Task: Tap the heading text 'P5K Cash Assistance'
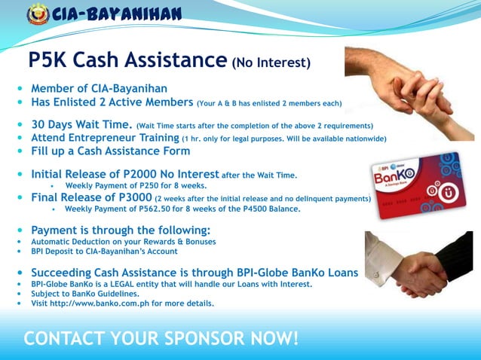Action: tap(127, 60)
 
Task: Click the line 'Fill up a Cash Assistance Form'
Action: tap(110, 151)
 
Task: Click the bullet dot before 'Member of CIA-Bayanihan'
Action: tap(20, 90)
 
